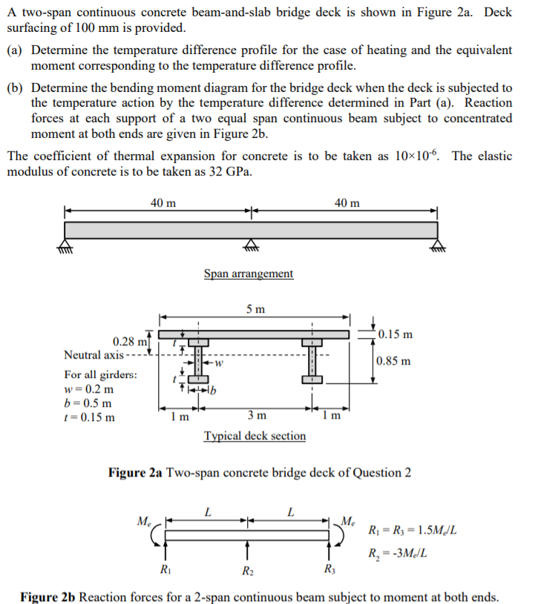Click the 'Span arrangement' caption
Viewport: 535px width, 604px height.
click(249, 274)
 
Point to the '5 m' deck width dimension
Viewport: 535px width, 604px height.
click(255, 309)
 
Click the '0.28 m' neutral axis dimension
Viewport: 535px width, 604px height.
click(127, 342)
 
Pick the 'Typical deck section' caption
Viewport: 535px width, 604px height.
click(255, 436)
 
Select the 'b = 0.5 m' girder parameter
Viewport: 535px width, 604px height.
click(88, 403)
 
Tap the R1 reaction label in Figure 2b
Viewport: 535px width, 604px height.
click(165, 569)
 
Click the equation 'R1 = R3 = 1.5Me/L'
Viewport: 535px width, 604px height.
click(412, 531)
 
